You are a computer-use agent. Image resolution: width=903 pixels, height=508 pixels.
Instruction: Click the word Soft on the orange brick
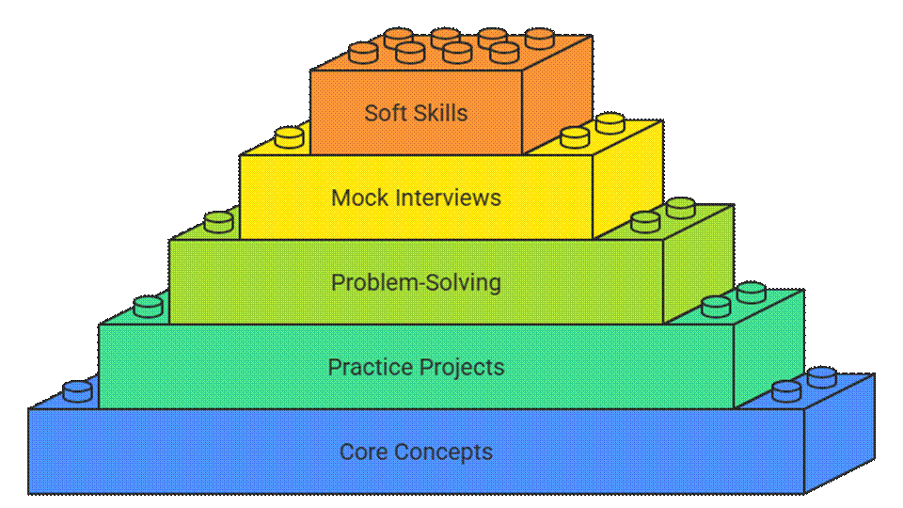click(x=385, y=113)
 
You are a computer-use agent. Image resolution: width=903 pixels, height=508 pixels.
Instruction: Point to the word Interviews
click(x=447, y=198)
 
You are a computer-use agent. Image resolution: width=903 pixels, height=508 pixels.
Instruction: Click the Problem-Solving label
click(x=416, y=282)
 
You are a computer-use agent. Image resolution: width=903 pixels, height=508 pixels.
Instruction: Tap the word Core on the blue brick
click(x=363, y=452)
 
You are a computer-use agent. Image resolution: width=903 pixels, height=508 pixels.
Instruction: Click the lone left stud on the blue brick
click(x=78, y=390)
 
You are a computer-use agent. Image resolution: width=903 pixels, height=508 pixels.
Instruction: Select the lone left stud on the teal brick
click(x=149, y=306)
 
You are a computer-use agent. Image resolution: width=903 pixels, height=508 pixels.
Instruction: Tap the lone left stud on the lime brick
click(x=219, y=222)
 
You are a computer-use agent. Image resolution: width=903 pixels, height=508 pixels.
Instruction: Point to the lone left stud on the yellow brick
click(x=290, y=138)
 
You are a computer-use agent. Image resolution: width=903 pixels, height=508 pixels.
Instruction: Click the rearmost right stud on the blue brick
click(x=822, y=376)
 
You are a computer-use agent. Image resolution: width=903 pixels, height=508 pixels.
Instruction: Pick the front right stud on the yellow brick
click(x=575, y=137)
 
